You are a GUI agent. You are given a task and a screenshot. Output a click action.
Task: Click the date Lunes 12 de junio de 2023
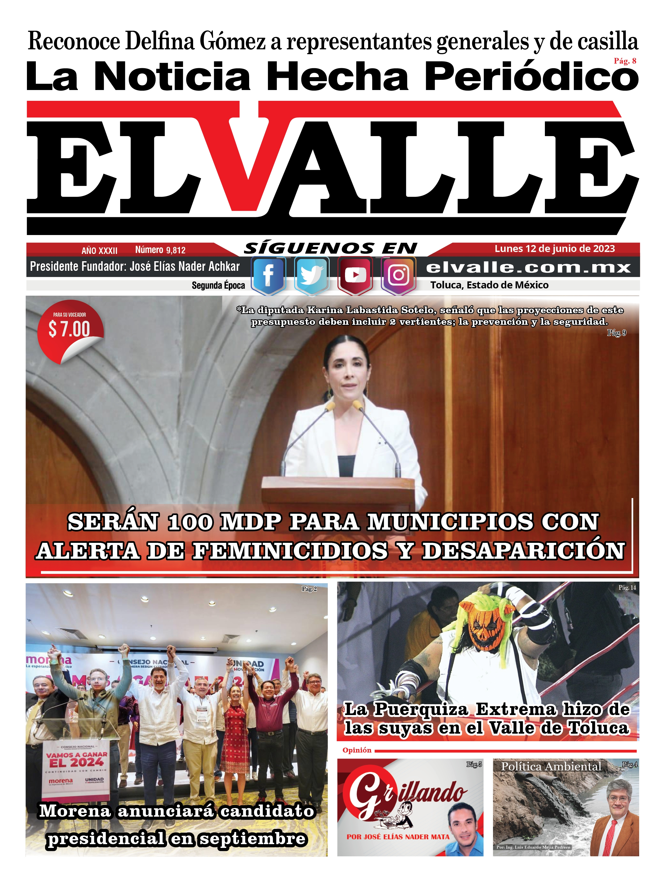554,249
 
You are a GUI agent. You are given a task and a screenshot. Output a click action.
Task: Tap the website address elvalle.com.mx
528,267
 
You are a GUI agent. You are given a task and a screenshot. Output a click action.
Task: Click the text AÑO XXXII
99,251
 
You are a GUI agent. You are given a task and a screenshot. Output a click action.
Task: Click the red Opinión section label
357,750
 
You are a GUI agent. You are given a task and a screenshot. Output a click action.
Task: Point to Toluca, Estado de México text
489,285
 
